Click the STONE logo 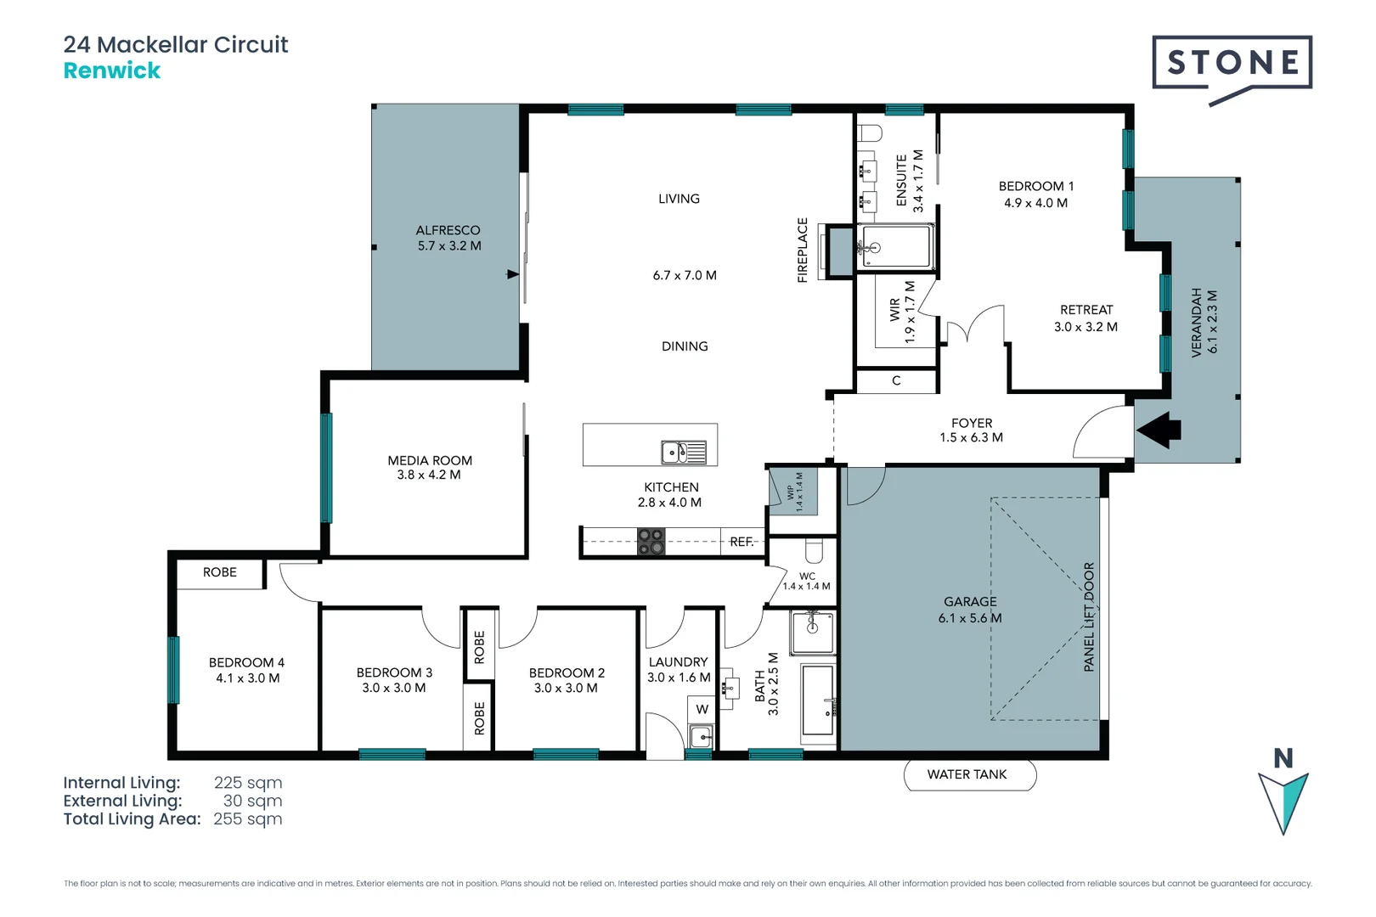[x=1232, y=64]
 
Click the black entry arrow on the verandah [x=1159, y=430]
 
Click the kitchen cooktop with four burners [x=651, y=541]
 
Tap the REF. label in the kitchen [x=742, y=542]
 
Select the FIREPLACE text [x=803, y=250]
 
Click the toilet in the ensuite [x=870, y=132]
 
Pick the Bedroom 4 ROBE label [x=219, y=572]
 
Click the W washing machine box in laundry [x=702, y=709]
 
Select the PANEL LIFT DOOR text [x=1089, y=617]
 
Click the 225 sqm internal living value [x=247, y=783]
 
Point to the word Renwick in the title [x=111, y=70]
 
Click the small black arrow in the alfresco [x=512, y=274]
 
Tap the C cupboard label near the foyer [x=896, y=380]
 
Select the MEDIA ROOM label [x=430, y=460]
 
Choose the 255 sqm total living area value [x=247, y=819]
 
